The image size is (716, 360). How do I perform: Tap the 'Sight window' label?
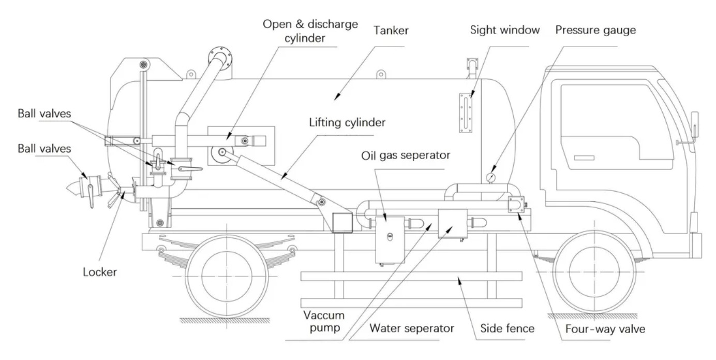[505, 30]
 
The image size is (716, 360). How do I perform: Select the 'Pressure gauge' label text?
[595, 30]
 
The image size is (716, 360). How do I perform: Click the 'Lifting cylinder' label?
[347, 123]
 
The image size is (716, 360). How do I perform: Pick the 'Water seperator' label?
[412, 328]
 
